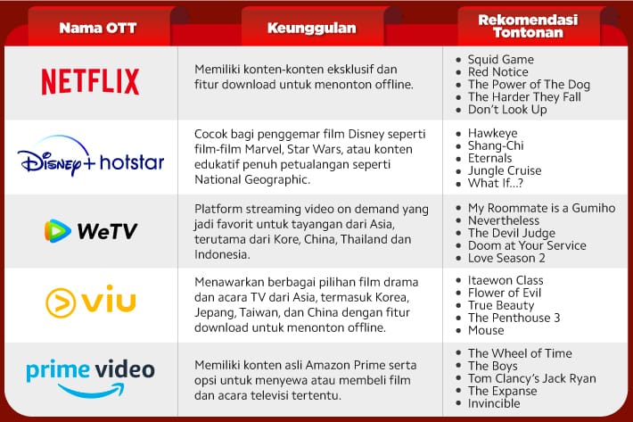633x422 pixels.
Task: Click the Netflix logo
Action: point(90,82)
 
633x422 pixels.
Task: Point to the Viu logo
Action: point(90,302)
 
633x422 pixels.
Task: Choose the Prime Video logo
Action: point(90,376)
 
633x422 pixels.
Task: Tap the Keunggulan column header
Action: point(311,28)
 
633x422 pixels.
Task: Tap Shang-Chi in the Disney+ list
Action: point(496,145)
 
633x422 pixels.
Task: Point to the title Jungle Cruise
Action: point(505,170)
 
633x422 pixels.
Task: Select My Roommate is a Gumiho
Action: point(541,208)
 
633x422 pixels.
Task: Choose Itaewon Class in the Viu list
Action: point(506,280)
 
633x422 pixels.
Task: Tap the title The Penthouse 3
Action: point(514,318)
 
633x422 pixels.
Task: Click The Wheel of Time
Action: point(519,353)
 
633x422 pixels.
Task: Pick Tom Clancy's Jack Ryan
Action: point(531,378)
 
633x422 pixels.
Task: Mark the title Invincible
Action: point(494,403)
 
